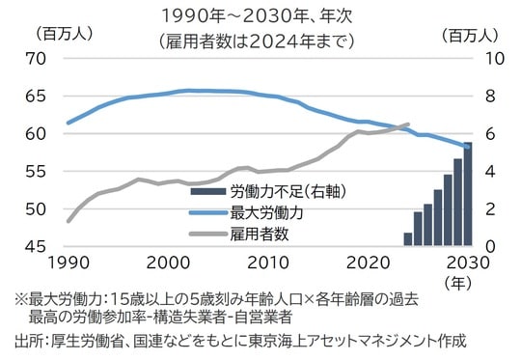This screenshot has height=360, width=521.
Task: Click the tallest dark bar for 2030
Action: (468, 194)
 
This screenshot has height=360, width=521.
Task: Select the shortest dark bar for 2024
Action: (408, 239)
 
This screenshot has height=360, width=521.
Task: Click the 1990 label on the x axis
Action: (68, 263)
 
